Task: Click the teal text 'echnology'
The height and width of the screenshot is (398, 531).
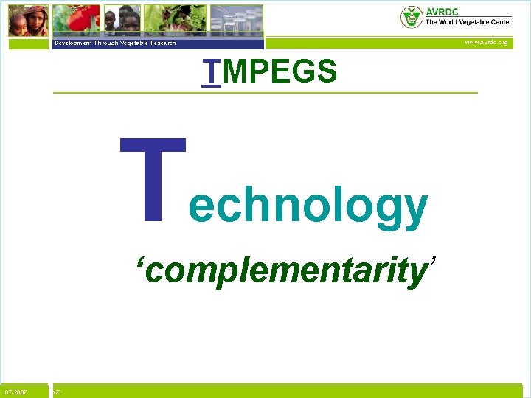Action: pos(308,206)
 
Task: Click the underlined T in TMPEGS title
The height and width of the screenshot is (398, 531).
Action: pos(212,72)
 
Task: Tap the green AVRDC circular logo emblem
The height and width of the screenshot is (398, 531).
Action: pos(412,16)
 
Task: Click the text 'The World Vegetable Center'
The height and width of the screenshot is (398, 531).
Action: pos(468,22)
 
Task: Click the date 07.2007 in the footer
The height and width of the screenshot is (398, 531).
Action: pos(16,391)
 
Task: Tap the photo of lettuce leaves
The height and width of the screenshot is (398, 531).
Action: pos(175,18)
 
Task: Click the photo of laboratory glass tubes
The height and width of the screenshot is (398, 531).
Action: pos(236,18)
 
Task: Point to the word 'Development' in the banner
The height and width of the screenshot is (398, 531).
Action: pos(72,43)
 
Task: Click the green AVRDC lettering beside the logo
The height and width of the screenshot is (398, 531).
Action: pos(444,11)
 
